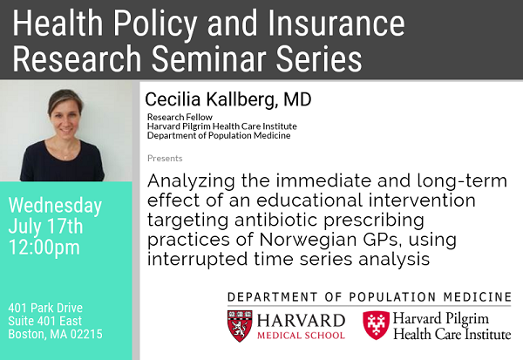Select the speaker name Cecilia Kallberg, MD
[x=228, y=100]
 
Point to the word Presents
[x=165, y=159]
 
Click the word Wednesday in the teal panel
[x=56, y=207]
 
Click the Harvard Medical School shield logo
[x=241, y=325]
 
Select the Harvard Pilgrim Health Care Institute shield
[x=376, y=325]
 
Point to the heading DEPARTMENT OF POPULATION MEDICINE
[x=369, y=296]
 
